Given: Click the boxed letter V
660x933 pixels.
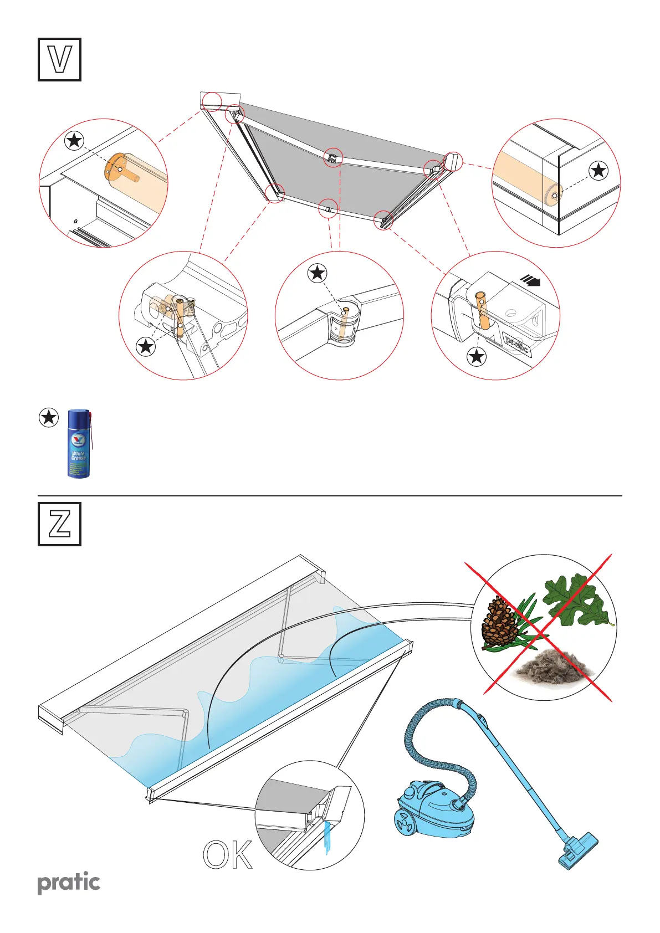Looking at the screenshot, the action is tap(59, 60).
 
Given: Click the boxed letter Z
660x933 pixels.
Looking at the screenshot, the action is tap(59, 524).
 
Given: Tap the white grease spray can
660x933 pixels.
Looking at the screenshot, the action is tap(79, 444).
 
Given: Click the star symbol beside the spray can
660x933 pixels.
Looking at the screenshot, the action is tap(49, 417).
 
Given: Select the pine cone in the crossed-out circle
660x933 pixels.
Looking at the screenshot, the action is tap(499, 623).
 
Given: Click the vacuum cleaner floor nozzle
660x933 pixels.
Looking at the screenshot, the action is tap(578, 850).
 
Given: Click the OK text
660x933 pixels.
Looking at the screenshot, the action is tap(228, 855).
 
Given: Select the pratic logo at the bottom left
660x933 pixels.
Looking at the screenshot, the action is tap(69, 883).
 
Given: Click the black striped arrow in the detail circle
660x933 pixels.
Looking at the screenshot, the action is tap(531, 282).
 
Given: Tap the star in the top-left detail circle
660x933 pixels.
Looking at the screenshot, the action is tap(74, 141).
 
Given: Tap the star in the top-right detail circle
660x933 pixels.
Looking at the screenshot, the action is tap(598, 170).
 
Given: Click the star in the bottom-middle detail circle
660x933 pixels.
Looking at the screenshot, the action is tap(317, 273).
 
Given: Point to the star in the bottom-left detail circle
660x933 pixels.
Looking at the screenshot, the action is tap(146, 347).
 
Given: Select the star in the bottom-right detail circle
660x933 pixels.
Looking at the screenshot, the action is tap(477, 356).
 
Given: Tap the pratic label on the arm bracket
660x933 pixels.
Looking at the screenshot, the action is tap(516, 344).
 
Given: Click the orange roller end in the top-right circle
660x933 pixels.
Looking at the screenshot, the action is tap(554, 194).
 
